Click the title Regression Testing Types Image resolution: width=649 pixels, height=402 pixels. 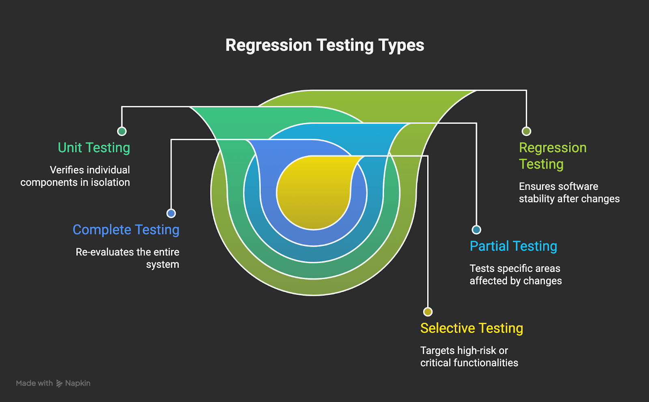pyautogui.click(x=325, y=45)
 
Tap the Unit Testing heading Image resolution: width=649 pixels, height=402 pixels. pyautogui.click(x=94, y=148)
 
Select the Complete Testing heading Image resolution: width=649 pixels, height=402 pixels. pyautogui.click(x=126, y=230)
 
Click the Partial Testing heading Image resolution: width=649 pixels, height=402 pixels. pyautogui.click(x=514, y=246)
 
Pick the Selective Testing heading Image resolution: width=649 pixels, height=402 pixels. pyautogui.click(x=472, y=328)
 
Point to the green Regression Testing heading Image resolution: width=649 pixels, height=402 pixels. pyautogui.click(x=553, y=156)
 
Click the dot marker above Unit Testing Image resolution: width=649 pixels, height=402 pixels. pyautogui.click(x=122, y=131)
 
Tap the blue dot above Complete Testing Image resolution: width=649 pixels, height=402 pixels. pyautogui.click(x=171, y=213)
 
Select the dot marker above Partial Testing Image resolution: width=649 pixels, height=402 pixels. pyautogui.click(x=476, y=229)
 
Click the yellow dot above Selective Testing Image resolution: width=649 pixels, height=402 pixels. pyautogui.click(x=428, y=312)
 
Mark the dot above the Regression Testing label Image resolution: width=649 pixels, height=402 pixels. pyautogui.click(x=527, y=131)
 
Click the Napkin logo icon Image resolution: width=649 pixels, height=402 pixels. pyautogui.click(x=59, y=383)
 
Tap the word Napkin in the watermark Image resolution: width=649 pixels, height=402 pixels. pyautogui.click(x=77, y=383)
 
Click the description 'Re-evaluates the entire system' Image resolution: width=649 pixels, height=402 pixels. pyautogui.click(x=127, y=258)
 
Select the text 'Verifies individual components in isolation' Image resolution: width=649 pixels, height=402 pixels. pyautogui.click(x=75, y=176)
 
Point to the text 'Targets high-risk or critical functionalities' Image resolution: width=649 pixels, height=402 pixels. pyautogui.click(x=469, y=357)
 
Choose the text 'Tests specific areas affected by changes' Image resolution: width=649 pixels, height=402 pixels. pyautogui.click(x=516, y=275)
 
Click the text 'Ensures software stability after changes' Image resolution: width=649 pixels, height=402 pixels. pyautogui.click(x=569, y=192)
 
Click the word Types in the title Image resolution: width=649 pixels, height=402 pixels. pyautogui.click(x=401, y=46)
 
